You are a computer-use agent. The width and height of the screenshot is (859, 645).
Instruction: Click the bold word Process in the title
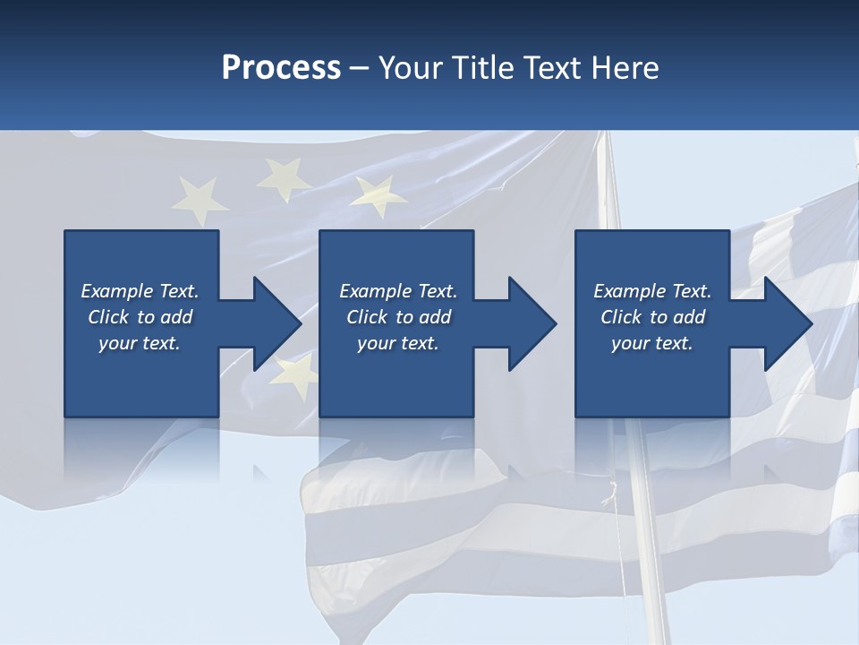point(281,68)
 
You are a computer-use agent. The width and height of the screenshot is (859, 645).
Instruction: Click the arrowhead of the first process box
point(277,323)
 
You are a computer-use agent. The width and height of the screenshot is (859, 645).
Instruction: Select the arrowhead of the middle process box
point(532,323)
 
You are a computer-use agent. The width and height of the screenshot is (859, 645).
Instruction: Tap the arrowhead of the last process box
point(787,323)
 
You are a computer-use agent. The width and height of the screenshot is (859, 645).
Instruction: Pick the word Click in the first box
point(109,317)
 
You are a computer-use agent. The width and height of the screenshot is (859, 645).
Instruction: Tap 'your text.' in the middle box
point(397,343)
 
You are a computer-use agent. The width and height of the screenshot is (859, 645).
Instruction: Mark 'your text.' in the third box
point(651,343)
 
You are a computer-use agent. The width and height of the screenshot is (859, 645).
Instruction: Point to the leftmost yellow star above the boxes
point(198,198)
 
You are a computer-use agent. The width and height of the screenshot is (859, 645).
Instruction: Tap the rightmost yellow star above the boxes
point(379,194)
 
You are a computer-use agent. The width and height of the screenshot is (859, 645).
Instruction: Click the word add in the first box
point(175,317)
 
